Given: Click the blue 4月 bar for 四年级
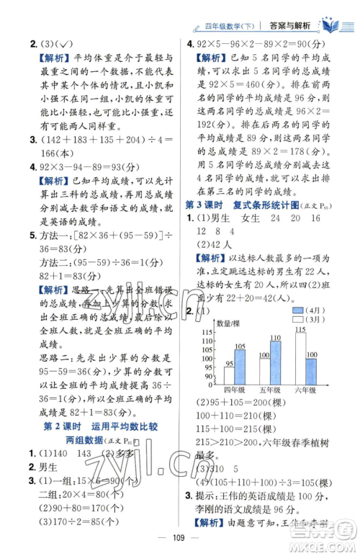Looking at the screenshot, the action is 240,367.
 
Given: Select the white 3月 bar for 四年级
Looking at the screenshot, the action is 228,376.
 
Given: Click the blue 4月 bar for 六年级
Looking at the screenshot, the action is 312,371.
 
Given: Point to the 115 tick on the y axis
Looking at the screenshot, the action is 212,331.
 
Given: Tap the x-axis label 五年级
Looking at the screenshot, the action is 269,391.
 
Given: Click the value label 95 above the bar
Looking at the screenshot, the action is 228,364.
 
